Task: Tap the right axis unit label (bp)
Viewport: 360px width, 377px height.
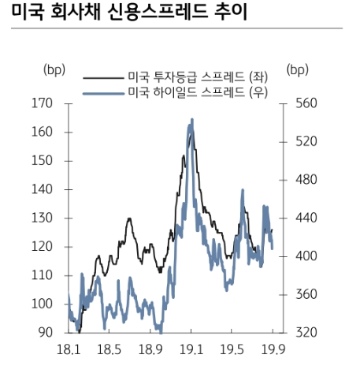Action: click(x=299, y=69)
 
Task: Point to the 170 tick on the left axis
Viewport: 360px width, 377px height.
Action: click(x=42, y=103)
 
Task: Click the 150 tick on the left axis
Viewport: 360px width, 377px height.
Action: click(x=42, y=161)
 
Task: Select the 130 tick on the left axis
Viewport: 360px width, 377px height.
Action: click(x=42, y=218)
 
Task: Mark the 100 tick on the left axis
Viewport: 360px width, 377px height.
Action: click(x=42, y=304)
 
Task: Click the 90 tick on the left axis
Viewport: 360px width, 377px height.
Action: click(x=45, y=332)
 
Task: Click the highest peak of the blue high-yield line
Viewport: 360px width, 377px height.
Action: click(x=191, y=120)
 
